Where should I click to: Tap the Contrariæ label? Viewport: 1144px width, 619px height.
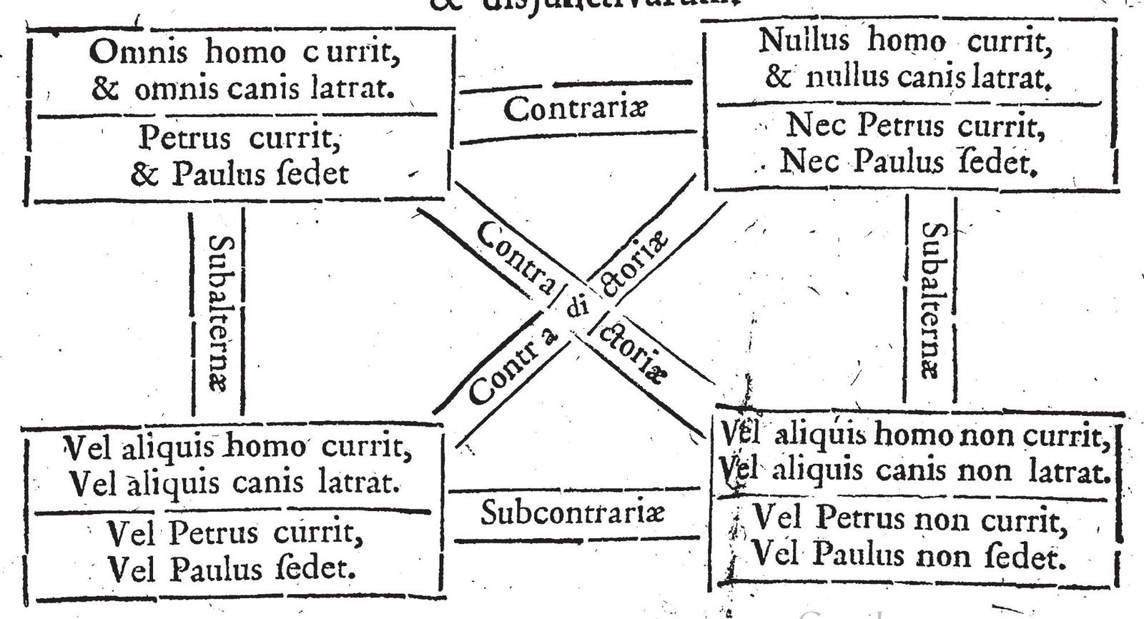[x=576, y=109]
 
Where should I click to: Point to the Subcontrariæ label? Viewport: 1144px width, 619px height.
[x=573, y=512]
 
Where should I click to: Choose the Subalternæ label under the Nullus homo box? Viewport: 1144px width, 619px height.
[x=932, y=300]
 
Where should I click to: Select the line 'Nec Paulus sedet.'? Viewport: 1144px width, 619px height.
[x=908, y=162]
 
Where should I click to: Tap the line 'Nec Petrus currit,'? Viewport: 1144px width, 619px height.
[x=916, y=126]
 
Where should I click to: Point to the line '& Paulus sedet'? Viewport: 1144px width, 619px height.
[x=239, y=174]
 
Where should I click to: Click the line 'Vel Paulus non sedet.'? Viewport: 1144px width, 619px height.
[x=909, y=555]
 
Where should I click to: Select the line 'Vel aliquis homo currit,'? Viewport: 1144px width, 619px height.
[x=238, y=447]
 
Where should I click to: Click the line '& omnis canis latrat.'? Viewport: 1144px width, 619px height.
[x=242, y=89]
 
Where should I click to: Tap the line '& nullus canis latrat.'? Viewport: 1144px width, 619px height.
[x=908, y=76]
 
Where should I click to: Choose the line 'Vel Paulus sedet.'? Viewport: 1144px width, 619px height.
[x=232, y=569]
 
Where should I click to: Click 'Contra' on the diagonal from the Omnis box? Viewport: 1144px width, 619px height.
[x=515, y=257]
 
